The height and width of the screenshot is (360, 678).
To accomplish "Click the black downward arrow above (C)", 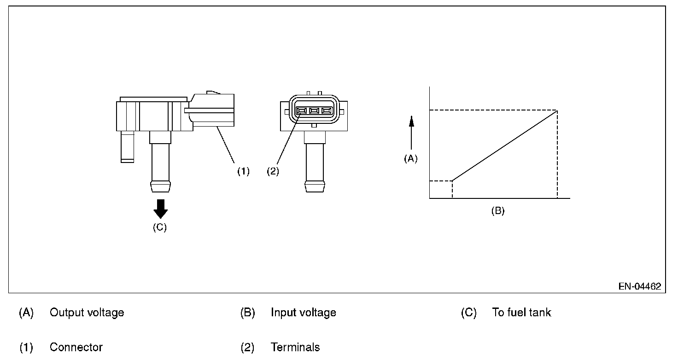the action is tap(161, 209).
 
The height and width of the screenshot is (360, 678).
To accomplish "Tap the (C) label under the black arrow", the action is tap(160, 227).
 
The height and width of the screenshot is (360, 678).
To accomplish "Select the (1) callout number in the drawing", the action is tap(243, 171).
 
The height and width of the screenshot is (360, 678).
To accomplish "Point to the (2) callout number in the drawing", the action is tap(273, 171).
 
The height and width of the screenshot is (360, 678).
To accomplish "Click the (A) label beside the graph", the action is tap(411, 158).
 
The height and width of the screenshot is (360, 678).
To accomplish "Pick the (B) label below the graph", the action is tap(498, 210).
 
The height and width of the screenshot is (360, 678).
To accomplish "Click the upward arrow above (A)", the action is tap(411, 133).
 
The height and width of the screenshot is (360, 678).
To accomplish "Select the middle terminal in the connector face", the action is tap(314, 111).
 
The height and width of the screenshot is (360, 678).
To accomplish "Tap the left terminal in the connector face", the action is tap(301, 111).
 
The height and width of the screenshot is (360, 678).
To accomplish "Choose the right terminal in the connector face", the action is tap(327, 111).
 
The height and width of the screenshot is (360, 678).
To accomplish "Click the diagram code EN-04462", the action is tap(640, 286).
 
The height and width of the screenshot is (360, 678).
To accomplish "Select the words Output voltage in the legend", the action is tap(87, 313).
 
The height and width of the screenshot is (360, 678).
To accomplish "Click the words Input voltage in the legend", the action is tap(303, 313).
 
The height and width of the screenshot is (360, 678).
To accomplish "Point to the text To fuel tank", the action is tap(521, 312).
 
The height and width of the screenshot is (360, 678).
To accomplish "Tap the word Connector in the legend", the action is tap(76, 347).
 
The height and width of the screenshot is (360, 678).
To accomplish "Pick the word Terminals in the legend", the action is tap(295, 347).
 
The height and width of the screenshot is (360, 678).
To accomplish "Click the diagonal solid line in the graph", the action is tap(504, 146).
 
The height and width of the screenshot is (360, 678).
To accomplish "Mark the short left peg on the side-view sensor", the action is tap(128, 147).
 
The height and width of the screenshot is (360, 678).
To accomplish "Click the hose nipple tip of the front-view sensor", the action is tap(315, 186).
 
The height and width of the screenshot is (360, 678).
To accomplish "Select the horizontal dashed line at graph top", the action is tap(493, 110).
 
